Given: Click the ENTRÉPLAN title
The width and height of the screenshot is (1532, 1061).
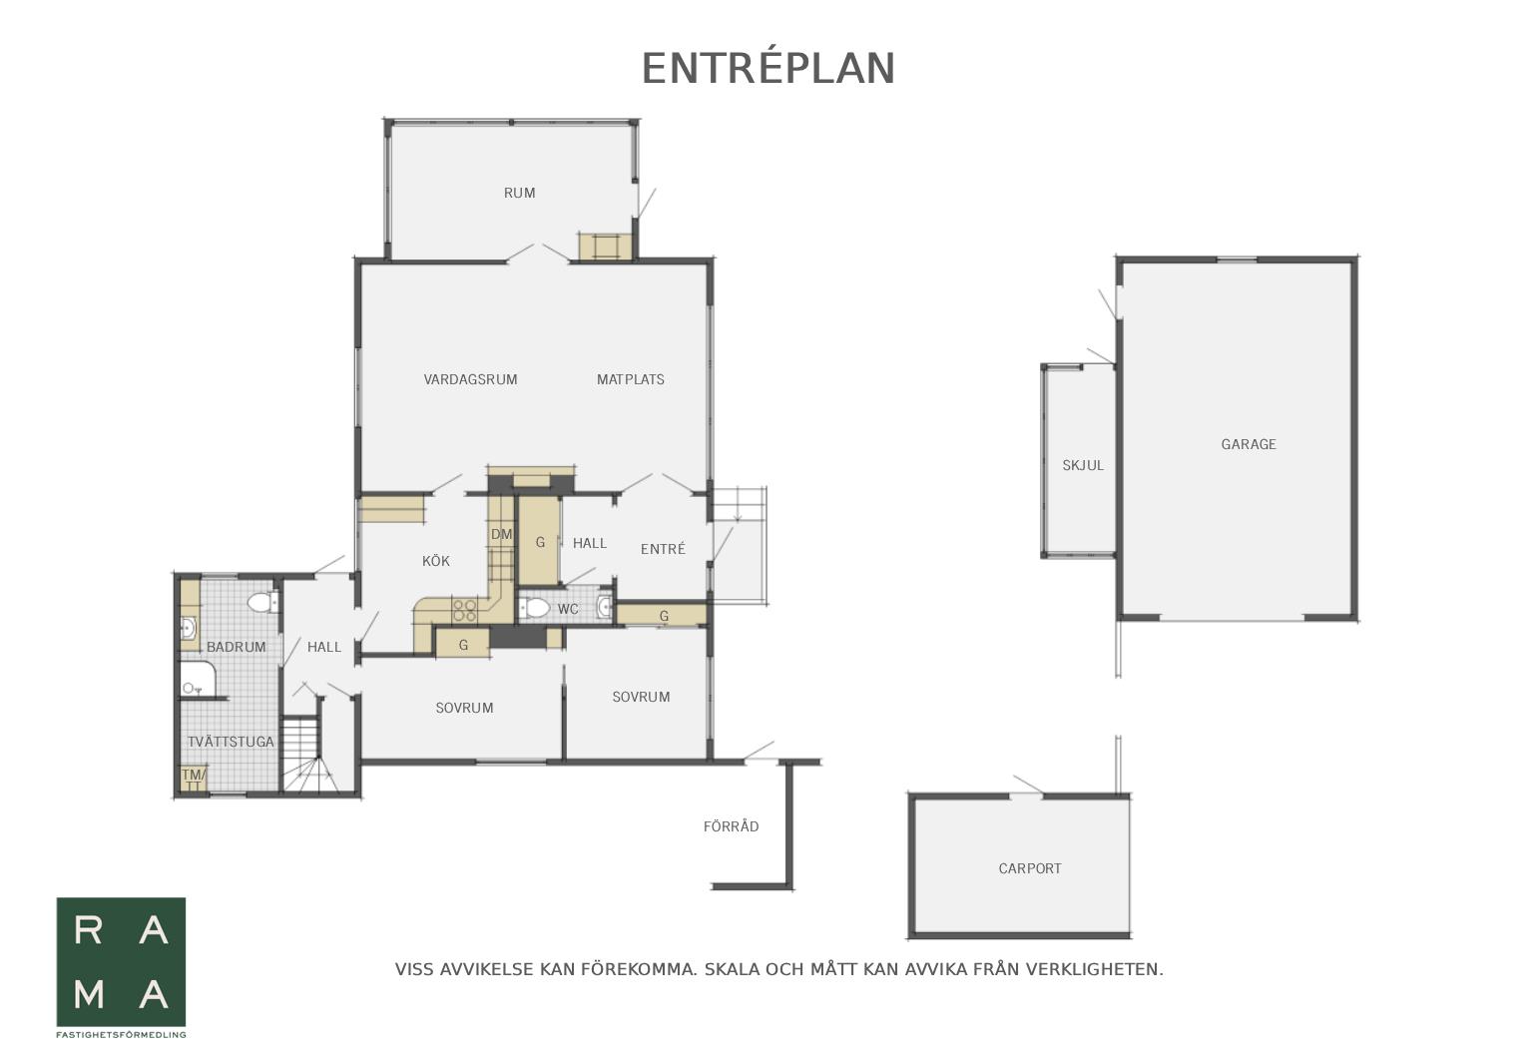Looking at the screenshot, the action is tap(768, 69).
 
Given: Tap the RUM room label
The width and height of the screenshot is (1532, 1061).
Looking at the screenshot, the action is tap(519, 193).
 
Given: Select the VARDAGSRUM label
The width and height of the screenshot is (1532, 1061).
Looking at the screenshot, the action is tap(470, 379).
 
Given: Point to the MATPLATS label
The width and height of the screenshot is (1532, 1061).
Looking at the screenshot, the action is tap(630, 379).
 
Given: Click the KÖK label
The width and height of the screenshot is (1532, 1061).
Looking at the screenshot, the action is tap(436, 561).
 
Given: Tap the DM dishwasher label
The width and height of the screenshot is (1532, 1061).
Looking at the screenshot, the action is tap(501, 534).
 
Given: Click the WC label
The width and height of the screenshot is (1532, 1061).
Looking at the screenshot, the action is tap(568, 609).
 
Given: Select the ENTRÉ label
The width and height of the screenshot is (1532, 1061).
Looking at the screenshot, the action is tap(663, 549).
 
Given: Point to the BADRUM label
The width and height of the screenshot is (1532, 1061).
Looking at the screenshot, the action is tap(236, 647).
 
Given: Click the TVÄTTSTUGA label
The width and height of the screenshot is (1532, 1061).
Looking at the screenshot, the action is tap(231, 742).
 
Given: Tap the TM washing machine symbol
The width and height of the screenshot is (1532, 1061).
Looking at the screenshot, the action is tap(193, 778).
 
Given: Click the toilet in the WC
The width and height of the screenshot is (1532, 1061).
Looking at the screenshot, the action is tap(535, 607).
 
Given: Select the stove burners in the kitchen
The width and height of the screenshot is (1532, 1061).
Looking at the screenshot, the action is tap(464, 610).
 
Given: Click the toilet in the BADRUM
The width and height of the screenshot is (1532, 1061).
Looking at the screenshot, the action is tap(262, 603).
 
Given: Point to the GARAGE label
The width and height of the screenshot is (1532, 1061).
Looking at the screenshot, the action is tap(1249, 444).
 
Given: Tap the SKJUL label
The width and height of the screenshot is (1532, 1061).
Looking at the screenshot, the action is tap(1083, 466).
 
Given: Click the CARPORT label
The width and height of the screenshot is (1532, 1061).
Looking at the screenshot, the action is tap(1029, 868).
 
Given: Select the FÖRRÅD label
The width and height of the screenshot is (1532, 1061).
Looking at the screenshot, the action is tap(732, 826).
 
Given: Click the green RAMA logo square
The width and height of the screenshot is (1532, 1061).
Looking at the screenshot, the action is tap(121, 962).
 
